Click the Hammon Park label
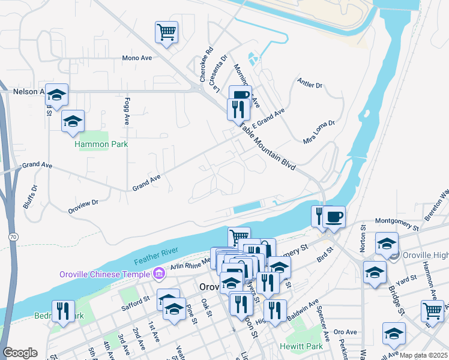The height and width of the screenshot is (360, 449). (x=101, y=144)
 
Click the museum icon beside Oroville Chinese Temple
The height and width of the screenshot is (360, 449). (x=159, y=274)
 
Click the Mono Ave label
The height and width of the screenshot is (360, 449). (x=137, y=58)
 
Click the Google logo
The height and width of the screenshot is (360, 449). (x=20, y=353)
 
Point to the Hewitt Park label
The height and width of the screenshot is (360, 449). (x=301, y=346)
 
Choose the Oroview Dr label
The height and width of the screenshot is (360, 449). (x=83, y=204)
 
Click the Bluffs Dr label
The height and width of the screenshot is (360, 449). (x=30, y=196)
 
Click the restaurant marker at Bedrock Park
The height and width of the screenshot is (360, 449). (x=62, y=310)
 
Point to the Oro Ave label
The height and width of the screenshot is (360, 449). (x=345, y=332)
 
